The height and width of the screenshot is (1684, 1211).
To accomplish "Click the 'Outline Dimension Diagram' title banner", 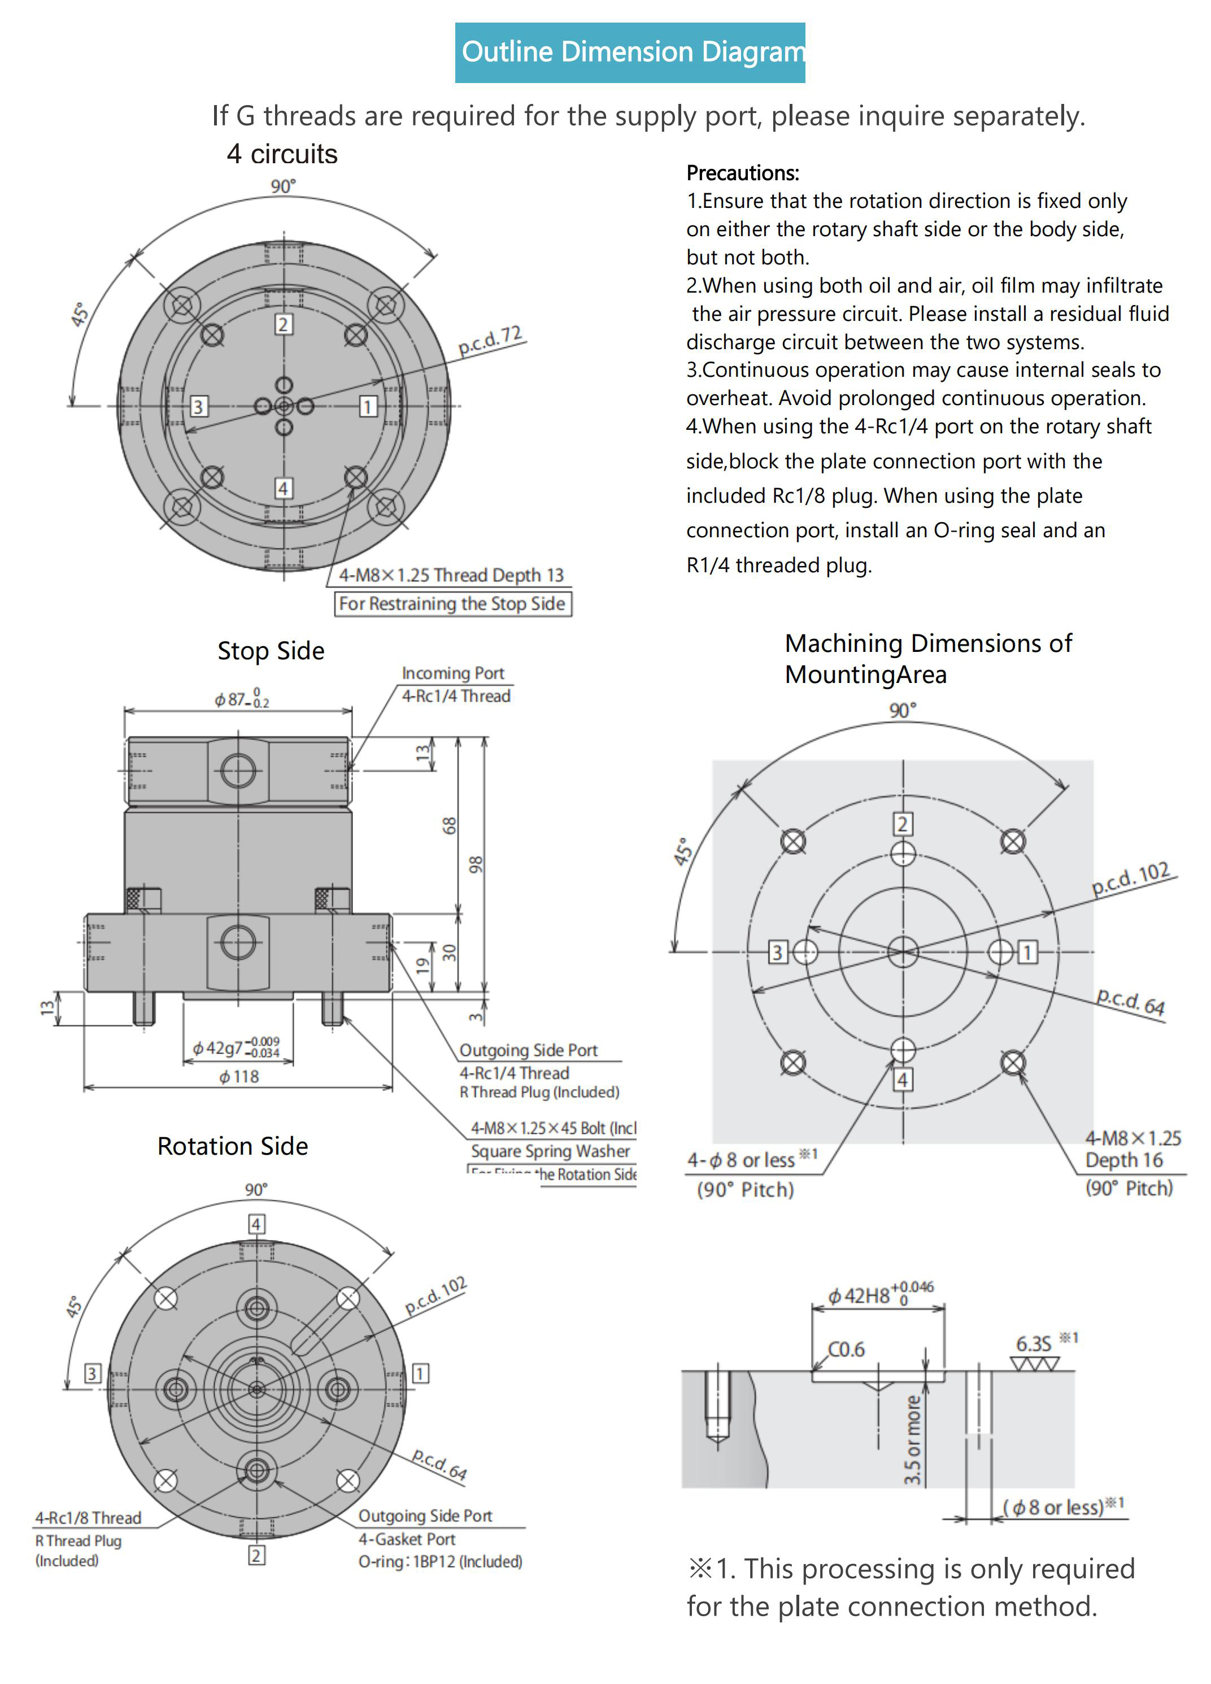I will point(630,52).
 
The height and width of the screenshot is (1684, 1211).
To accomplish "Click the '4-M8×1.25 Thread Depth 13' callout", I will point(451,575).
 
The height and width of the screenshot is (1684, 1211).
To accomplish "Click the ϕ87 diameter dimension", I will point(241,699).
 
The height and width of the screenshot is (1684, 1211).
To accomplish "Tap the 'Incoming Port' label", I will point(452,673).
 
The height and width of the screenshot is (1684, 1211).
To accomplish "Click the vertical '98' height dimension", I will point(475,864).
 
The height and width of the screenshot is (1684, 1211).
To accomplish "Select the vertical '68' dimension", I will point(449,825).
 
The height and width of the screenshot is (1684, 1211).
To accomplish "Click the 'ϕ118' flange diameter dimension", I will point(239,1077).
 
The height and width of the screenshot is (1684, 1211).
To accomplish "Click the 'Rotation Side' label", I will point(232,1146).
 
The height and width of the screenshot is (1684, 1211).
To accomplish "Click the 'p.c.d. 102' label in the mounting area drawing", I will point(1130,878).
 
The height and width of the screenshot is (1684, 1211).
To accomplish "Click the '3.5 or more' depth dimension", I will point(912,1440).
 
